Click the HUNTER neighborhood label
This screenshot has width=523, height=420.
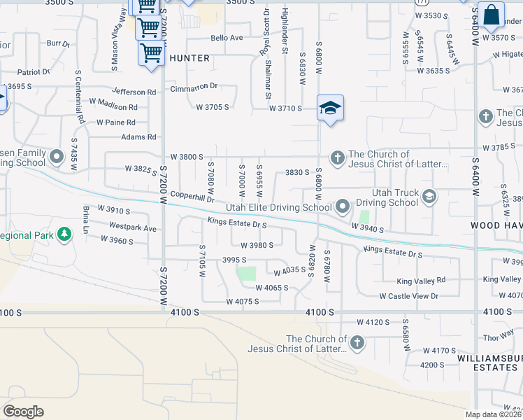pos(189,58)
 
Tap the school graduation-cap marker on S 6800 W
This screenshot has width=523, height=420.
pos(330,108)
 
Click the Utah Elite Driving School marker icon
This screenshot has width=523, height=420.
pos(342,206)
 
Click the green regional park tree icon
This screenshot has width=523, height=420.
pos(64,234)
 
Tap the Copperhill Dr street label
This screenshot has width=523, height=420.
pos(192,199)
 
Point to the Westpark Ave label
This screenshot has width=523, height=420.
pos(133,227)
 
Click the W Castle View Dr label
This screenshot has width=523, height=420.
pos(408,296)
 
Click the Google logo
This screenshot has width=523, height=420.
pos(23,412)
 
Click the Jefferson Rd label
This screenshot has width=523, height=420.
pos(134,92)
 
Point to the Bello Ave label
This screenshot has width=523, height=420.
pos(227,38)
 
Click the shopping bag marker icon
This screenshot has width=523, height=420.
pos(491,15)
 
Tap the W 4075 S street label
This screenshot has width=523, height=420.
pos(243,302)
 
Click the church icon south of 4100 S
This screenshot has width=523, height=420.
pos(357,343)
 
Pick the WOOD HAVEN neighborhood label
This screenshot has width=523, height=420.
pos(496,225)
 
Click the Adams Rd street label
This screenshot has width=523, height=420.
pos(138,137)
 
